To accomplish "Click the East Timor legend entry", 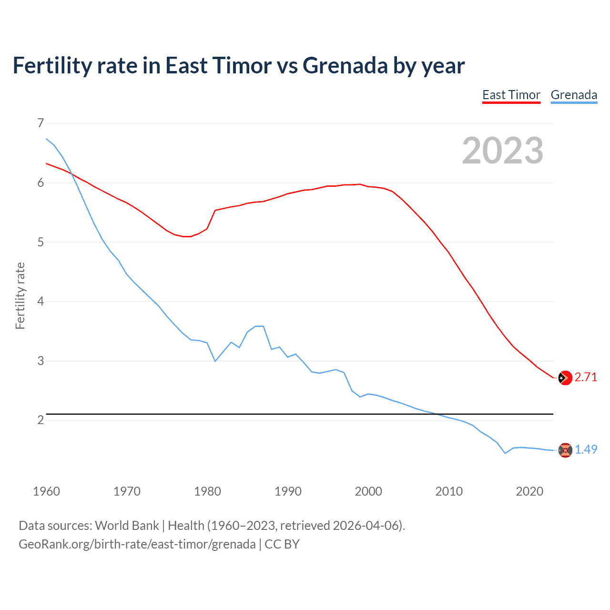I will [x=511, y=95].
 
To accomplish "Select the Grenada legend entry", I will [x=574, y=95].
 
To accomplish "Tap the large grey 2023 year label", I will [x=502, y=151].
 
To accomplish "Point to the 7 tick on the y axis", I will [x=41, y=123].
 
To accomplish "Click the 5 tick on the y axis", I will [x=41, y=242].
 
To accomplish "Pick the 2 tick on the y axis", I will [x=41, y=420].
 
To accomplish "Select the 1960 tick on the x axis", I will [x=46, y=491].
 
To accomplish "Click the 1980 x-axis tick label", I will [x=207, y=491].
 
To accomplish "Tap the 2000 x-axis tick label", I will [x=368, y=491].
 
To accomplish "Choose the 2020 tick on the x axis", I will [x=529, y=491].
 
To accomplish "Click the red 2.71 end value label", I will [x=586, y=377].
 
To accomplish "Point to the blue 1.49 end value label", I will [x=586, y=449].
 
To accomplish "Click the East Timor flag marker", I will [x=565, y=378].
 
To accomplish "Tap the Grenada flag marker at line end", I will [x=565, y=450].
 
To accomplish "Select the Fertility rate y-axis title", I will [x=20, y=295].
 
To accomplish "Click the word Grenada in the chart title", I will [x=346, y=66].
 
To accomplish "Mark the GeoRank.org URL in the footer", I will [x=137, y=544].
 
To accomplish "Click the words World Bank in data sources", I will [x=127, y=526].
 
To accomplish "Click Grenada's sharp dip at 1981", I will [x=215, y=361].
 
